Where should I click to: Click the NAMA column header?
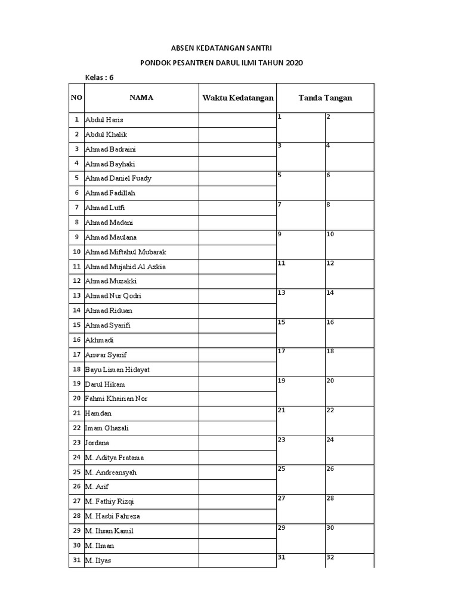(141, 98)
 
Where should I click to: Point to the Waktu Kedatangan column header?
(237, 98)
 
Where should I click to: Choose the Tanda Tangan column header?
(325, 98)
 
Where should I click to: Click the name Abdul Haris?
(104, 120)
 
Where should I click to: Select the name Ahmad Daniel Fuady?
(118, 178)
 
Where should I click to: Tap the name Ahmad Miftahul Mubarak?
(125, 252)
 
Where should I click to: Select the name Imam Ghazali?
(108, 428)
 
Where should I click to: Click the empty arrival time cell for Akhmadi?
(237, 340)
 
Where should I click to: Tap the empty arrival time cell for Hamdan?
(237, 413)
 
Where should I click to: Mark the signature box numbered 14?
(349, 303)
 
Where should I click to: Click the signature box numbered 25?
(301, 479)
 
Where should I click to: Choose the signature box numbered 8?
(349, 215)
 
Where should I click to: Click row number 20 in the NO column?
(76, 399)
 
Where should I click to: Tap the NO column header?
(76, 98)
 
